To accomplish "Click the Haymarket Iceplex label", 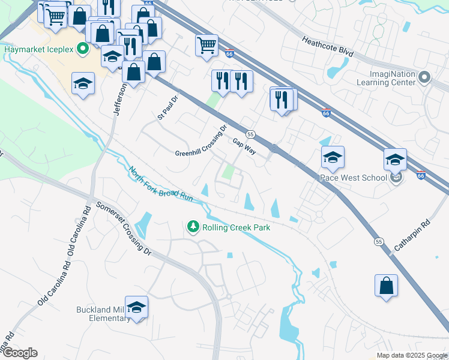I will click(39, 49).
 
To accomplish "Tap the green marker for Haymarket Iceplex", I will click(83, 49).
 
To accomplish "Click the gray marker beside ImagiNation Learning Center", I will click(425, 77).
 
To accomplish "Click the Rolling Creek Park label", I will click(236, 227).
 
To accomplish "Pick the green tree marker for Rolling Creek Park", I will click(193, 227).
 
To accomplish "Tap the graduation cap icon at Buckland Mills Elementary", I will click(137, 308).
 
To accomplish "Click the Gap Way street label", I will click(244, 146).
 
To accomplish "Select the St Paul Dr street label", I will click(169, 107).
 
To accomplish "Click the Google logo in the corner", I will click(20, 353).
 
